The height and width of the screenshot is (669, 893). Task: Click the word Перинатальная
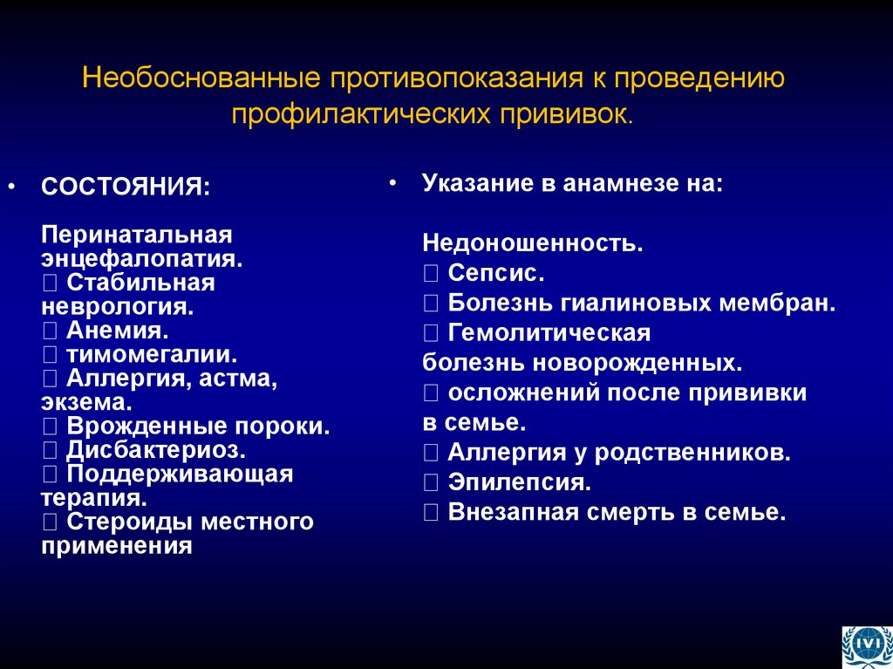coord(137,236)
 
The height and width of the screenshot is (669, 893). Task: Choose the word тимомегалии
coord(153,354)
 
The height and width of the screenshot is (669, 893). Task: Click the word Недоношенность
coord(533,242)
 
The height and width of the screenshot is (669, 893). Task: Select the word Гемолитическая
coord(549,333)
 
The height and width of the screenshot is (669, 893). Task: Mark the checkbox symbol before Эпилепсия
coord(432,481)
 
